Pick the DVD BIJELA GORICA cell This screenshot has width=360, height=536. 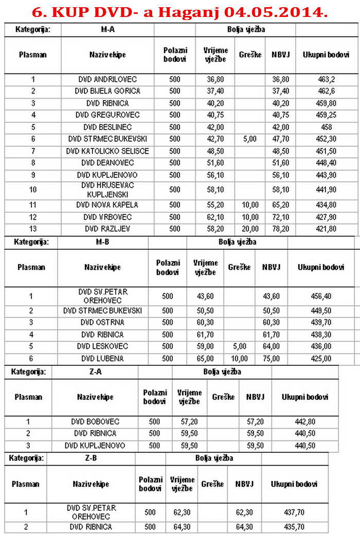107,91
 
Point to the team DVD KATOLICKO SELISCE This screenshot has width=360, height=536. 107,151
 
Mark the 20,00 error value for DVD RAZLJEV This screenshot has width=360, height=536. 250,228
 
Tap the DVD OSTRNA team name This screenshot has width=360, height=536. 102,323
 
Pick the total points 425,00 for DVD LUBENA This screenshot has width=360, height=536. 321,359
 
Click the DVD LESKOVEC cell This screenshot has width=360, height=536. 102,346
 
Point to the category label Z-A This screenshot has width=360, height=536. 95,372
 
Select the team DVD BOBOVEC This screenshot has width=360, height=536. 95,422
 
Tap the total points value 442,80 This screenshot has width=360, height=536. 305,422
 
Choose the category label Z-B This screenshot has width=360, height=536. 91,458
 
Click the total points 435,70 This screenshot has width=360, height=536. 294,527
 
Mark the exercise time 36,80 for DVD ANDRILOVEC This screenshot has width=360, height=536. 215,80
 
